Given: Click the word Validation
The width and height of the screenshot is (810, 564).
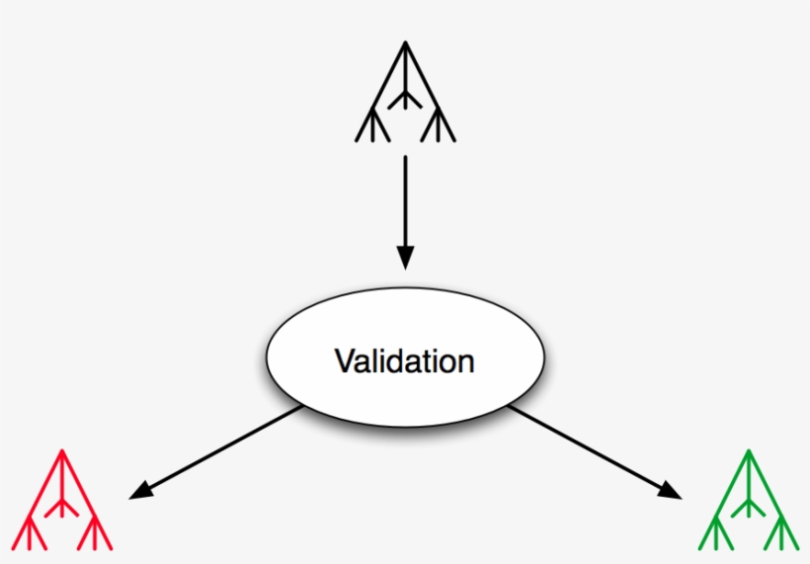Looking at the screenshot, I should pyautogui.click(x=404, y=361).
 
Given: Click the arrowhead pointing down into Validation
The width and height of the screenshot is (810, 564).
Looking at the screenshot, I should pyautogui.click(x=405, y=257).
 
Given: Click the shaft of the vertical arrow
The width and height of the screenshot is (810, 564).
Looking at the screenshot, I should pyautogui.click(x=405, y=198).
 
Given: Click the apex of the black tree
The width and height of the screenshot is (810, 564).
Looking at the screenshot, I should pyautogui.click(x=405, y=43).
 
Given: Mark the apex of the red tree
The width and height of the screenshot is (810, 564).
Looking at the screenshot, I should pyautogui.click(x=63, y=453).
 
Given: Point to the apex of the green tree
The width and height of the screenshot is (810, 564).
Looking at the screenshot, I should pyautogui.click(x=748, y=453).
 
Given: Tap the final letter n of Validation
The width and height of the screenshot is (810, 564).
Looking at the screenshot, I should pyautogui.click(x=466, y=363).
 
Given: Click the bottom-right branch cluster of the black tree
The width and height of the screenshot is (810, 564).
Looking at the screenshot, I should pyautogui.click(x=437, y=126).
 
